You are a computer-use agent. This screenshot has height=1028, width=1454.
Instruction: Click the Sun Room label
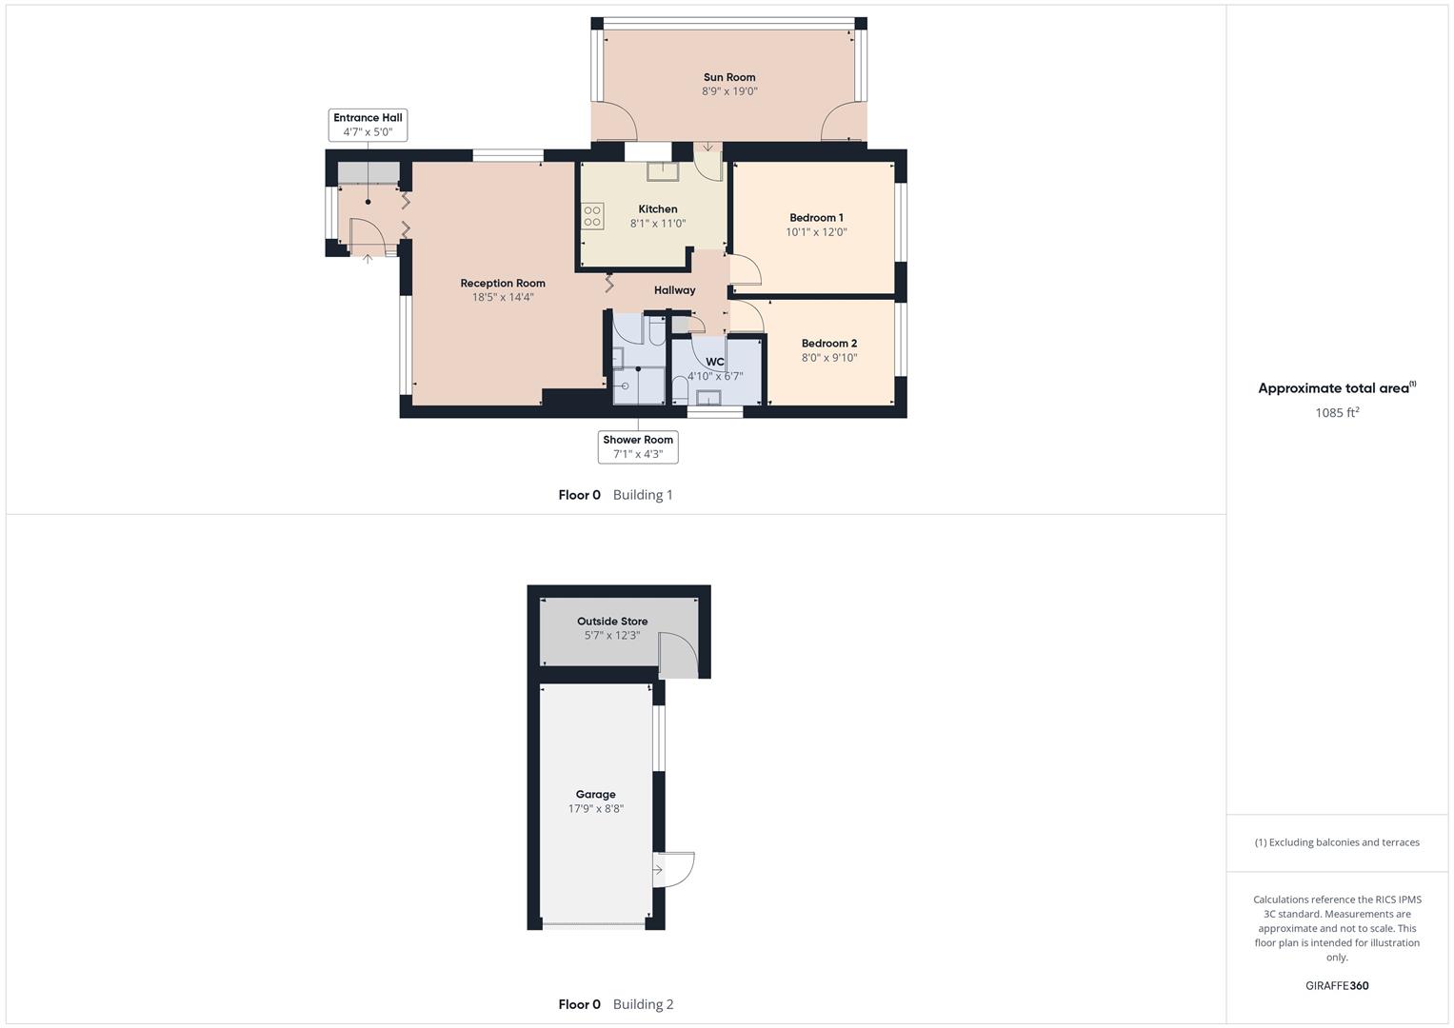tap(729, 77)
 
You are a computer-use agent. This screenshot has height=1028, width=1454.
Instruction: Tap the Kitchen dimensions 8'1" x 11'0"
tap(658, 224)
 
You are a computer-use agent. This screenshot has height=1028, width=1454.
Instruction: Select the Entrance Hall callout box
tap(368, 125)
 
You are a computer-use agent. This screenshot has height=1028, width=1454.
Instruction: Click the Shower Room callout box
tap(638, 446)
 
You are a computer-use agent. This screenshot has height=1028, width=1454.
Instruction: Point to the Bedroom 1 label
tap(816, 218)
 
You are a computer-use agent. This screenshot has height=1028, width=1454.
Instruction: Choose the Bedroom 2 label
tap(828, 344)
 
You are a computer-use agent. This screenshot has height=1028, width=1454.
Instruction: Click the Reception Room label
tap(503, 283)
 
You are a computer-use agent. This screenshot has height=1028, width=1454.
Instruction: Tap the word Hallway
tap(674, 290)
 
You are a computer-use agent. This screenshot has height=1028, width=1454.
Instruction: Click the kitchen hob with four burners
tap(593, 216)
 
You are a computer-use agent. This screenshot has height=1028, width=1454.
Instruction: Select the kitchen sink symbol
tap(661, 171)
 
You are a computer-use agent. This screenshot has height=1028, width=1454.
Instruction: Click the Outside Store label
tap(612, 622)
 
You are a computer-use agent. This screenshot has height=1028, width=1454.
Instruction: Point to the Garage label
tap(595, 795)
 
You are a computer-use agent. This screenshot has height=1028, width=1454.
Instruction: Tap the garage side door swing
tap(674, 869)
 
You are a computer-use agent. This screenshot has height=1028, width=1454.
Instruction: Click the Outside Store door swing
tap(678, 657)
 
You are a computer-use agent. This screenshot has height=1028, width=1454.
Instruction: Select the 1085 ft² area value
tap(1337, 413)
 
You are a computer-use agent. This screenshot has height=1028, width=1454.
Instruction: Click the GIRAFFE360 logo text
tap(1337, 986)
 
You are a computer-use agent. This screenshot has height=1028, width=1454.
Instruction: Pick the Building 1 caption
tap(643, 495)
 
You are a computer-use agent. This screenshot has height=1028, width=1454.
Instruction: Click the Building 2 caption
tap(643, 1004)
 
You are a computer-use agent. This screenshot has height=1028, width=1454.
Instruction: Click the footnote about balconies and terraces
tap(1337, 842)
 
